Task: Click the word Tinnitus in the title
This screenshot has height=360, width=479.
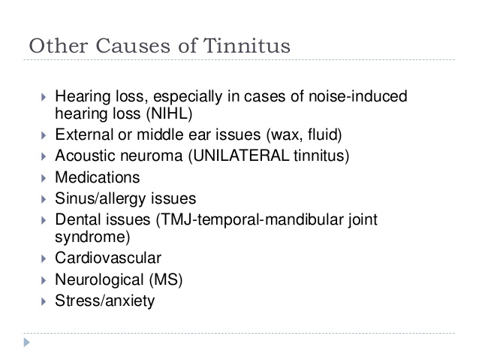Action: [246, 46]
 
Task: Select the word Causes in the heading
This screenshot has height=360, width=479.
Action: [133, 46]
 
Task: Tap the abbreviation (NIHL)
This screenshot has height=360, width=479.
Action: [169, 113]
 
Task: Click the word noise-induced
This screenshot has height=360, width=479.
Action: [358, 96]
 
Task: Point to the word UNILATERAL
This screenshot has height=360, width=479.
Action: [241, 156]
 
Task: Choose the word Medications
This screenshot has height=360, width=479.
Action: [98, 177]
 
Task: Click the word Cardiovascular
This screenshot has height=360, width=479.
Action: [108, 258]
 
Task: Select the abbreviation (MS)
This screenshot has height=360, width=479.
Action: [166, 280]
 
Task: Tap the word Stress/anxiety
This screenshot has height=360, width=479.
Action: [105, 301]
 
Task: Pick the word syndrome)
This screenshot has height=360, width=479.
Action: [92, 237]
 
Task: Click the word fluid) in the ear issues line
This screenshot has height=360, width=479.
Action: [325, 135]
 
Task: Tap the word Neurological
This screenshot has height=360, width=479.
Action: [99, 280]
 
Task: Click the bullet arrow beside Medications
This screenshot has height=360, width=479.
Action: [44, 178]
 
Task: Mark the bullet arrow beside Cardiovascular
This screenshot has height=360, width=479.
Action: [44, 259]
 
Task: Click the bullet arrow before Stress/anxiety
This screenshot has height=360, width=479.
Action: [44, 301]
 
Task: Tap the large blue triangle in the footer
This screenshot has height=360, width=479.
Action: [27, 342]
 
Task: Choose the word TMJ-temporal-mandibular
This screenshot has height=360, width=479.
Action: [249, 219]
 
